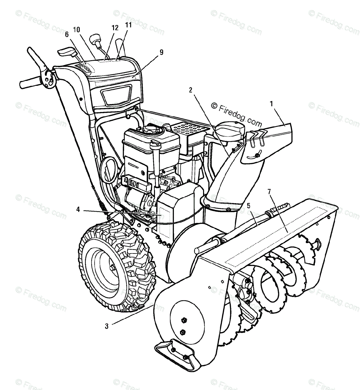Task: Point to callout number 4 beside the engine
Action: pos(78,210)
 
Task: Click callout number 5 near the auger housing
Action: pos(248,205)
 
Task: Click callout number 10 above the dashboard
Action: pos(77,30)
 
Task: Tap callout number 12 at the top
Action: pos(114,28)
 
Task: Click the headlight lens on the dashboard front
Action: pos(116,93)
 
